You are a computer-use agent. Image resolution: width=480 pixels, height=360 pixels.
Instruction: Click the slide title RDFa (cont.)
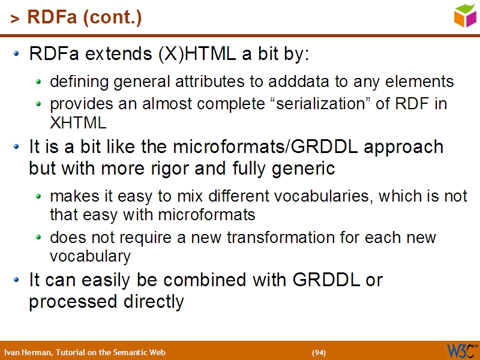pos(84,18)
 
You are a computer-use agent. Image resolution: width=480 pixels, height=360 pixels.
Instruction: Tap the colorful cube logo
pos(465,15)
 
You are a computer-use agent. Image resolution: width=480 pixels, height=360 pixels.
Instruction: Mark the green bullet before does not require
pos(39,238)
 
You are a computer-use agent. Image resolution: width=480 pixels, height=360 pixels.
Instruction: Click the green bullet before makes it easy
pos(39,196)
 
